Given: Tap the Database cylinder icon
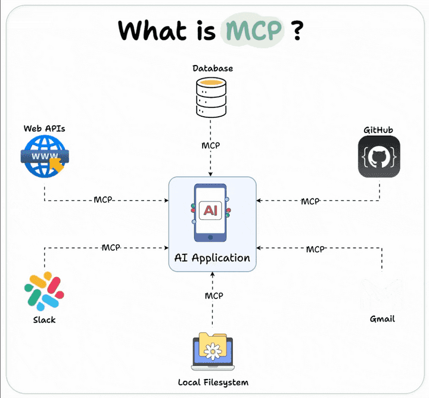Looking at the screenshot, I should click(212, 98).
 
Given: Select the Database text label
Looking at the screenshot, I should click(213, 69).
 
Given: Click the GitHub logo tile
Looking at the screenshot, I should click(379, 157).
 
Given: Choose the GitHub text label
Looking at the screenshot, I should click(378, 130).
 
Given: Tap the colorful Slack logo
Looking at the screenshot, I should click(44, 291).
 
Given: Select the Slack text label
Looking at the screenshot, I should click(44, 320).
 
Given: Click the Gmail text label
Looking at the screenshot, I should click(382, 319).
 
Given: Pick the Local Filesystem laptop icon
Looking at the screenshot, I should click(213, 353).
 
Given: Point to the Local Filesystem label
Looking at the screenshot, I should click(213, 382).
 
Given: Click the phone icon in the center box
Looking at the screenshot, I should click(212, 213).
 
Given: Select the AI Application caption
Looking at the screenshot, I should click(212, 258).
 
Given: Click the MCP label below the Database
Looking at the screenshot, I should click(211, 146).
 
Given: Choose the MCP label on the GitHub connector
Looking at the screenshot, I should click(310, 201).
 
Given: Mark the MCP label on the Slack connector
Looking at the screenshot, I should click(111, 247).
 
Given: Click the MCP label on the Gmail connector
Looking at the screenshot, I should click(315, 249).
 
